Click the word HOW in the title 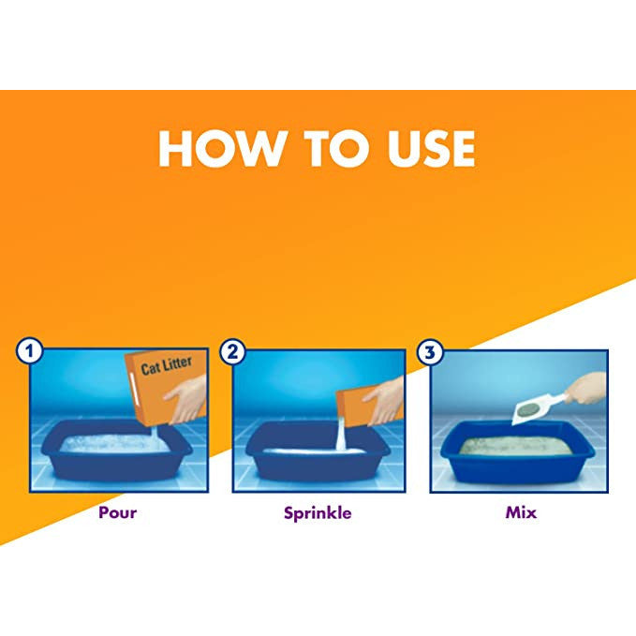tap(221, 148)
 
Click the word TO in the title tap(338, 148)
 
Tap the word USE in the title tap(432, 148)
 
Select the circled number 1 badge tap(29, 351)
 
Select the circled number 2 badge tap(232, 351)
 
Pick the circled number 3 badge tap(430, 352)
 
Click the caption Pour tap(118, 512)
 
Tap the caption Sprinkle tap(318, 513)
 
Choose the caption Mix tap(521, 512)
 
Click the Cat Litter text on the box tap(167, 365)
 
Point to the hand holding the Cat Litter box tap(186, 399)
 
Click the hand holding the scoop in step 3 tap(586, 389)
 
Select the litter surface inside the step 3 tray tap(516, 445)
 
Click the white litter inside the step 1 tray tap(114, 443)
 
